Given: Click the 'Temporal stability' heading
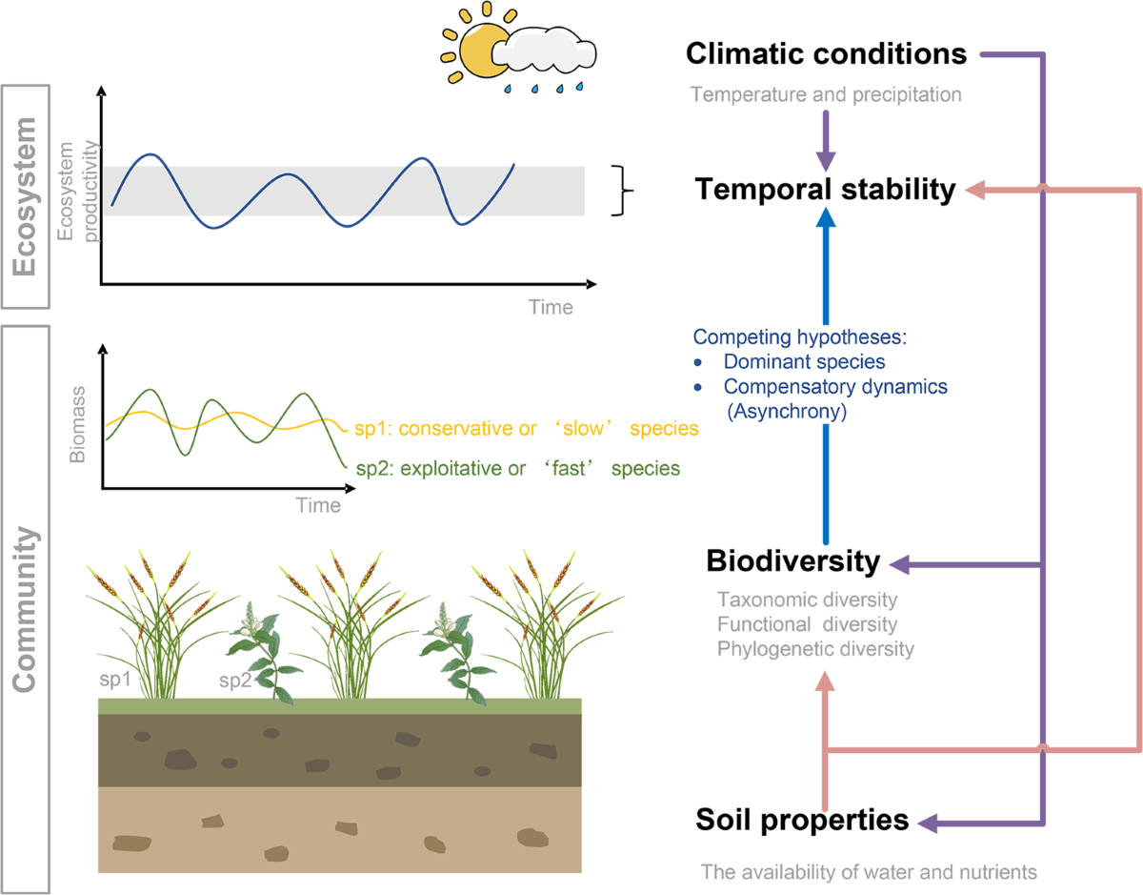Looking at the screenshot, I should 825,190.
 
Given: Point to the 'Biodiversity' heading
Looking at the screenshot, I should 792,562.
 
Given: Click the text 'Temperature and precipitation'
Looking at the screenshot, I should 826,94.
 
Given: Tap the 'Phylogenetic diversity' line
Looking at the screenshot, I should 815,649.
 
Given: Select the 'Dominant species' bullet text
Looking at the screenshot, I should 791,361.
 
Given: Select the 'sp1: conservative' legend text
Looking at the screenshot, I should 527,429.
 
